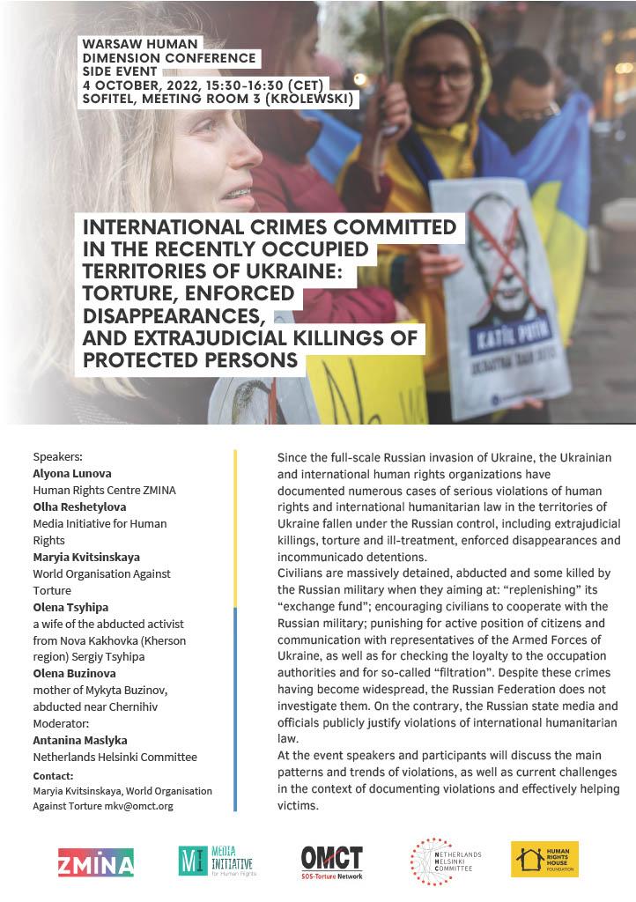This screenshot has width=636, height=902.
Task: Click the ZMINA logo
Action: [96, 862]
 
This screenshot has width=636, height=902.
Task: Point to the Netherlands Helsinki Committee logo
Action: [443, 861]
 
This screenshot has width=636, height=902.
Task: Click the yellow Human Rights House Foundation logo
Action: [544, 859]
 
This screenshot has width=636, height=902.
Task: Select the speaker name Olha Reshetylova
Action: [79, 506]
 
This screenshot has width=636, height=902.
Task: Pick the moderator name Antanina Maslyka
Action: [84, 740]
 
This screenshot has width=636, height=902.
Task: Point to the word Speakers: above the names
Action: [57, 456]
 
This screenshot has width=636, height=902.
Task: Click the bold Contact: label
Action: [53, 776]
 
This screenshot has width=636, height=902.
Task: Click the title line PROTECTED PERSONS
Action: [190, 361]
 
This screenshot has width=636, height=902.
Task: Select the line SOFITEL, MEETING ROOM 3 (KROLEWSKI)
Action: [220, 100]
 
